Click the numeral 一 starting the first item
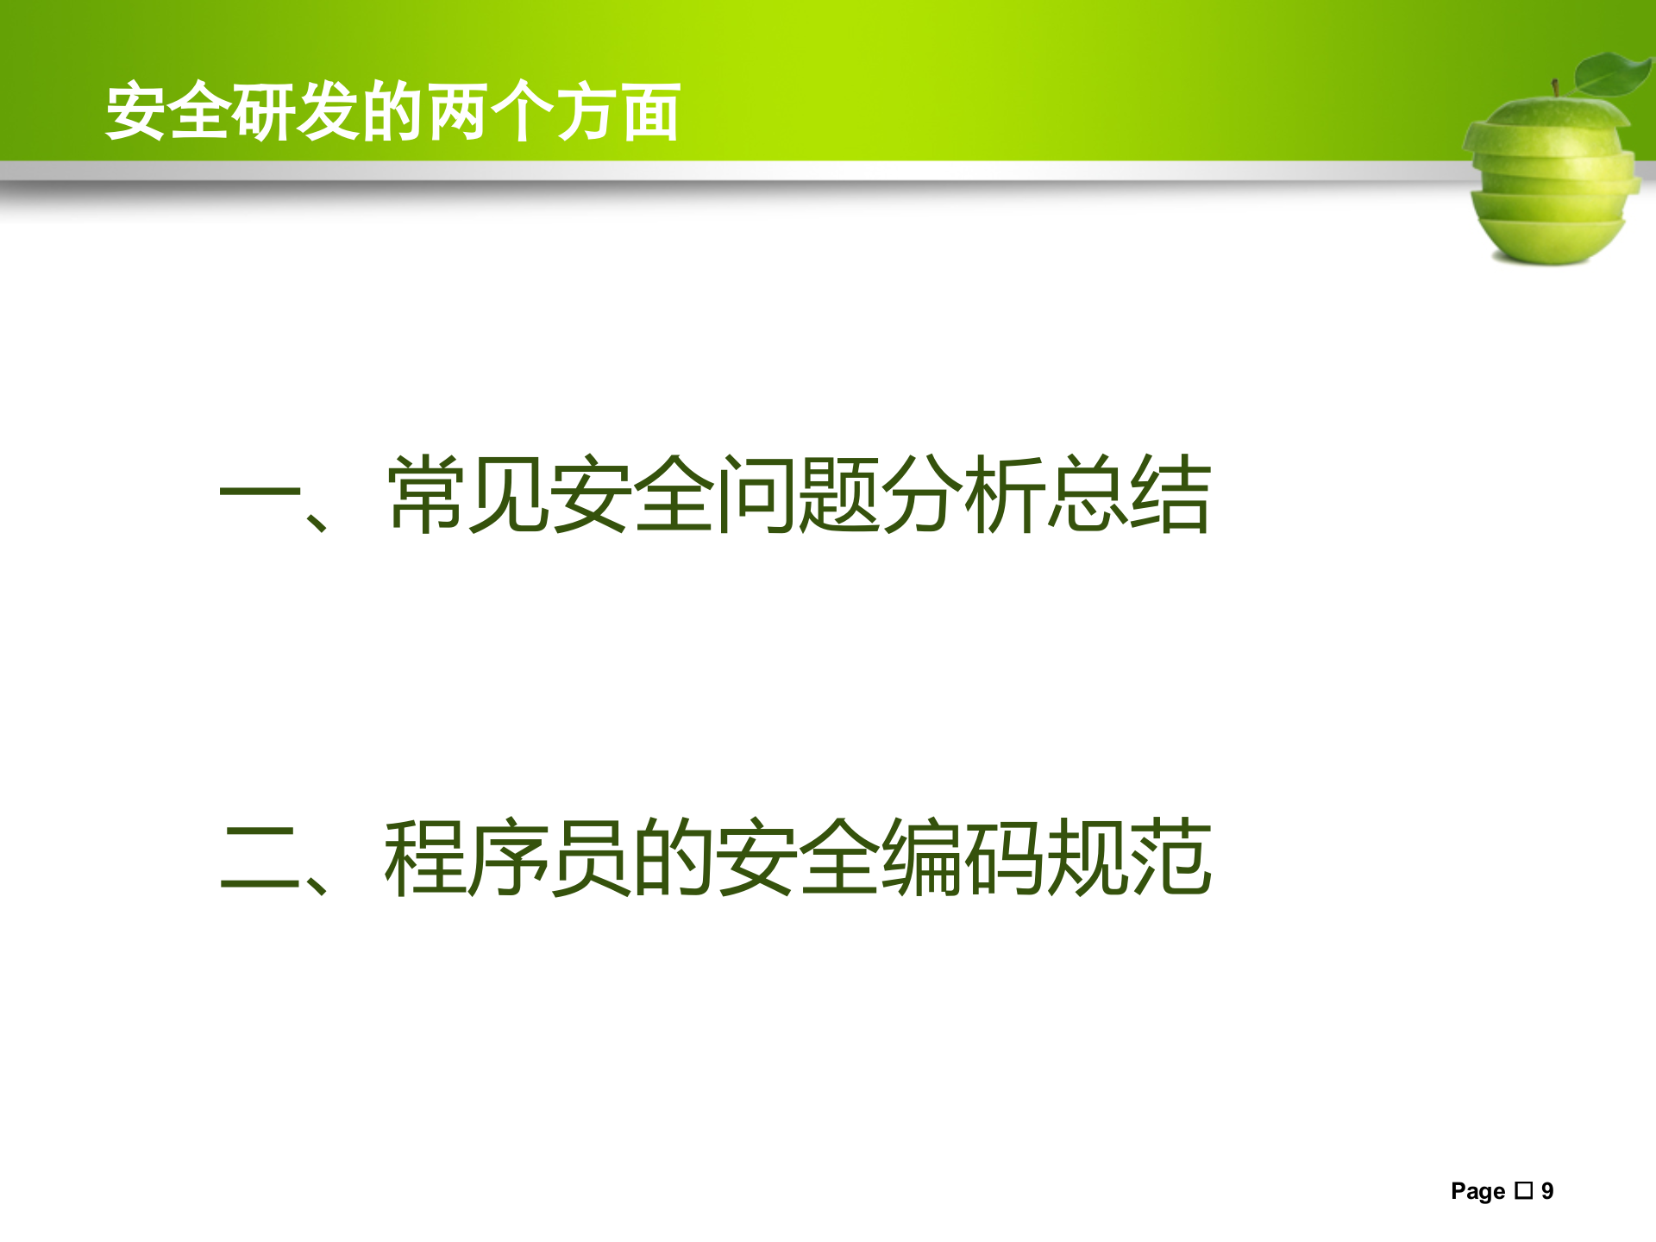260,495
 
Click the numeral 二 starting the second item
260,857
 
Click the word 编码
965,857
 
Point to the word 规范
1130,857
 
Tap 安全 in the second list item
800,857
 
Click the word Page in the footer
1477,1191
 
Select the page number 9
1547,1191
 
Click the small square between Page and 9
1524,1191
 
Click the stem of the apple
1555,89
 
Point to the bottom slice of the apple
1550,241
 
